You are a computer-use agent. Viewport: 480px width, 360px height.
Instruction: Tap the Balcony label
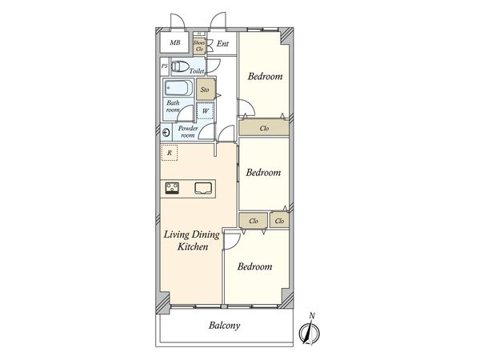point(225,326)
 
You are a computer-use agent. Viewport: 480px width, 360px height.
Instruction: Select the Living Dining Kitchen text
point(188,242)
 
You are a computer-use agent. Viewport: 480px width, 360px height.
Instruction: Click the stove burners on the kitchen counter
point(173,189)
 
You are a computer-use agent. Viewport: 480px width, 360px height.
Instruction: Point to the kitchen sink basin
point(203,189)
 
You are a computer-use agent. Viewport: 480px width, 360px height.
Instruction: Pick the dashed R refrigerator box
point(169,152)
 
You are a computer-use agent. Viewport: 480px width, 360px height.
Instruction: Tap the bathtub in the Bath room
point(178,90)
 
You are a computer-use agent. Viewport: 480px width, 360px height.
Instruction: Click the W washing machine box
point(206,111)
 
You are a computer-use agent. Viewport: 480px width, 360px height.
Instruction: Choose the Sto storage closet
point(206,90)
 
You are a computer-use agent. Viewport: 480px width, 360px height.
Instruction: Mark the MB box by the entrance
point(174,43)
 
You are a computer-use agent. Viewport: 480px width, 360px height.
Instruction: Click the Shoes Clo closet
point(199,46)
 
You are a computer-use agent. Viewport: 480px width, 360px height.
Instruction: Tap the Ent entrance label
point(223,45)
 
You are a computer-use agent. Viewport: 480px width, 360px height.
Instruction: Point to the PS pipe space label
point(164,67)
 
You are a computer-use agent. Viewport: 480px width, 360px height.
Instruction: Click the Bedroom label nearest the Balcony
point(254,266)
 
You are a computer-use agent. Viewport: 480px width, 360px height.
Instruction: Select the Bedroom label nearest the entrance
point(264,77)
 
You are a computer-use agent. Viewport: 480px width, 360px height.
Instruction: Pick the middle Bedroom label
point(263,172)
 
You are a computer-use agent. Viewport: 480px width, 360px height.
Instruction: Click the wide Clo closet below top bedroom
point(264,128)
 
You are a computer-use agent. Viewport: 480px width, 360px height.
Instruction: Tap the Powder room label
point(189,132)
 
